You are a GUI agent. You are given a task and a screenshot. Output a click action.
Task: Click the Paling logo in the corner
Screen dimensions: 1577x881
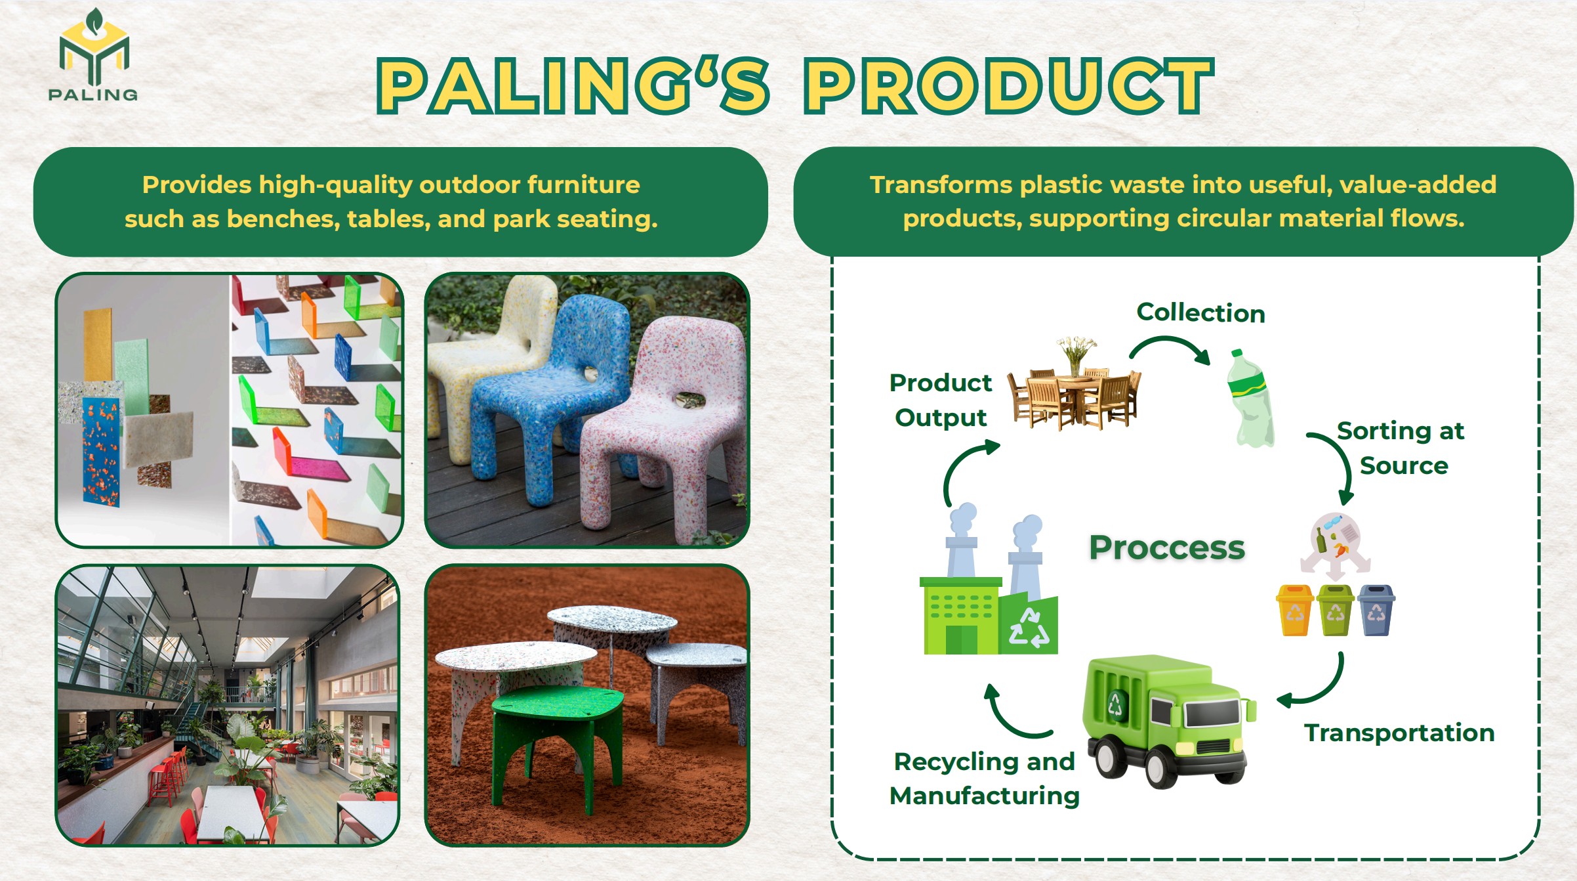(93, 55)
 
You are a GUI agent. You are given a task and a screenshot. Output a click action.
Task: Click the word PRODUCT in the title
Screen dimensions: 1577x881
(1009, 86)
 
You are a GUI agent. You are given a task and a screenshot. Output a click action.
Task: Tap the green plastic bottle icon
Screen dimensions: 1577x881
(1250, 398)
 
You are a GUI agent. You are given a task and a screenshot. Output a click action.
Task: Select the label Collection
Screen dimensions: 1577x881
(1200, 312)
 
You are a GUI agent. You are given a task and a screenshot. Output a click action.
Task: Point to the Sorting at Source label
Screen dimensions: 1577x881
(1401, 448)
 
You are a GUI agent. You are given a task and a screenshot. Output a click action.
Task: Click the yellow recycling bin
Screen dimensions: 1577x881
(1294, 610)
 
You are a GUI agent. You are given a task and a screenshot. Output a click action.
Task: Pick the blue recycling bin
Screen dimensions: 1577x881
(1376, 610)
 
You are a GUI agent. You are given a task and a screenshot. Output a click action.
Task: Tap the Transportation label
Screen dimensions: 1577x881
(1399, 733)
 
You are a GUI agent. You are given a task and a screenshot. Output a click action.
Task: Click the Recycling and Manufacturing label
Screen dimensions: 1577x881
(984, 779)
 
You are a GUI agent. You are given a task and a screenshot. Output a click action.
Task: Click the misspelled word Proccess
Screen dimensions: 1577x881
(1166, 548)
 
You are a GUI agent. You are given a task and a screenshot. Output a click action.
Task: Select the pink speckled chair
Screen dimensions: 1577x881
(663, 427)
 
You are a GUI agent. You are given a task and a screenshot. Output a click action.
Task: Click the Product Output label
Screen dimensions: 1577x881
(941, 400)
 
